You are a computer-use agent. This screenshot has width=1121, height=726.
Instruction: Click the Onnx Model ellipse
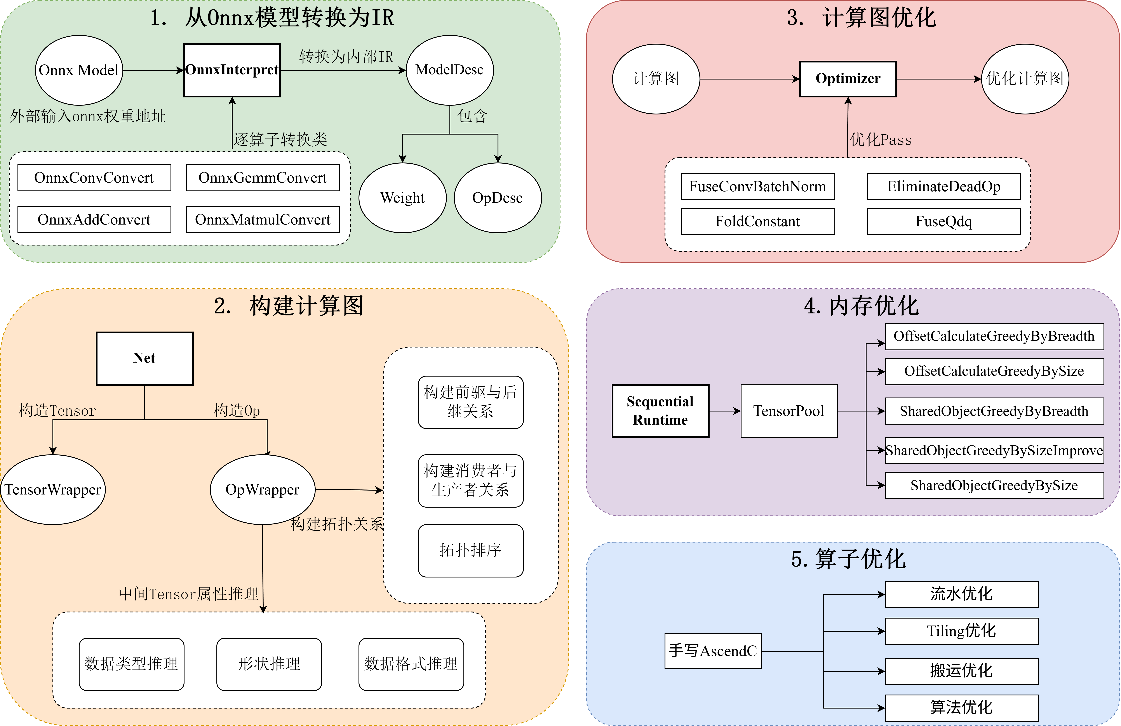coord(79,70)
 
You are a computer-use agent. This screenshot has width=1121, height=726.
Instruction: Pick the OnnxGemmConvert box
coord(262,178)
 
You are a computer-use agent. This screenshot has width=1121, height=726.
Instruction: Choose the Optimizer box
coord(848,79)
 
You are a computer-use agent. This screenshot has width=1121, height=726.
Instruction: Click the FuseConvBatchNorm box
coord(758,186)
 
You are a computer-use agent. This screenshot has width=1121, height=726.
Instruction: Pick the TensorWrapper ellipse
coord(53,489)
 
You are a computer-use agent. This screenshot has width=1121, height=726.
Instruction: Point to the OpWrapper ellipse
coord(262,489)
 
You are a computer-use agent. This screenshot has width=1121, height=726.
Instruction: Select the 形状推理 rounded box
coord(269,664)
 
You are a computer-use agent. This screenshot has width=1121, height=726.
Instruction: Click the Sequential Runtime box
coord(660,411)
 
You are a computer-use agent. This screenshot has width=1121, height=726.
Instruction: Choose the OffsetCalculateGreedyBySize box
coord(994,371)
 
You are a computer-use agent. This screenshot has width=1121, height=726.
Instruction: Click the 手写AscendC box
coord(713,651)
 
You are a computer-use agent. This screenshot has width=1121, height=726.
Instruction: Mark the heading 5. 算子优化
coord(848,559)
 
